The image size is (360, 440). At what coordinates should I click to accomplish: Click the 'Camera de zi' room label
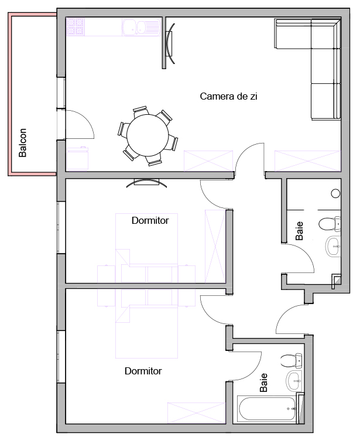coord(228,96)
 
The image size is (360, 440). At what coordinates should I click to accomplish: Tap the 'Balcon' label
coord(22,142)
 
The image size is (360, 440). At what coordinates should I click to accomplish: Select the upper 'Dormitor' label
coord(150,220)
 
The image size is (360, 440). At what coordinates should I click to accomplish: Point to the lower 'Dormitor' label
coord(143,371)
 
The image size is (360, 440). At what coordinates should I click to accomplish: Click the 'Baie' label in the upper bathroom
coord(300,231)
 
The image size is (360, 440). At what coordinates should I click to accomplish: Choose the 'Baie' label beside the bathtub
coord(263,383)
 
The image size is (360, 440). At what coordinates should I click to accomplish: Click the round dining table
coord(148,135)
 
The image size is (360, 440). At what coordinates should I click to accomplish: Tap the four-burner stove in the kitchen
coord(75,27)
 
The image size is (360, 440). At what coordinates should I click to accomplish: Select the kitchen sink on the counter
coord(141,27)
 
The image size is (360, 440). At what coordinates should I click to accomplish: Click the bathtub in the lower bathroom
coord(267,408)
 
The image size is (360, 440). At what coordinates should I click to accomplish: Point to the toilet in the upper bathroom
coord(330,224)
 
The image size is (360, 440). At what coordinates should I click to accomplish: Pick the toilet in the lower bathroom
coord(292,361)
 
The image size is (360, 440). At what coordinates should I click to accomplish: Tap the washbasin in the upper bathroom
coord(333,246)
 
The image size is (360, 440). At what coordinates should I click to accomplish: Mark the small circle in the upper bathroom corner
coord(335,193)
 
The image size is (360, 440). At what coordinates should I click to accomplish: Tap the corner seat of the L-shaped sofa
coord(325,33)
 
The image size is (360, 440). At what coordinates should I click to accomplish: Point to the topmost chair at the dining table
coord(140,110)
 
